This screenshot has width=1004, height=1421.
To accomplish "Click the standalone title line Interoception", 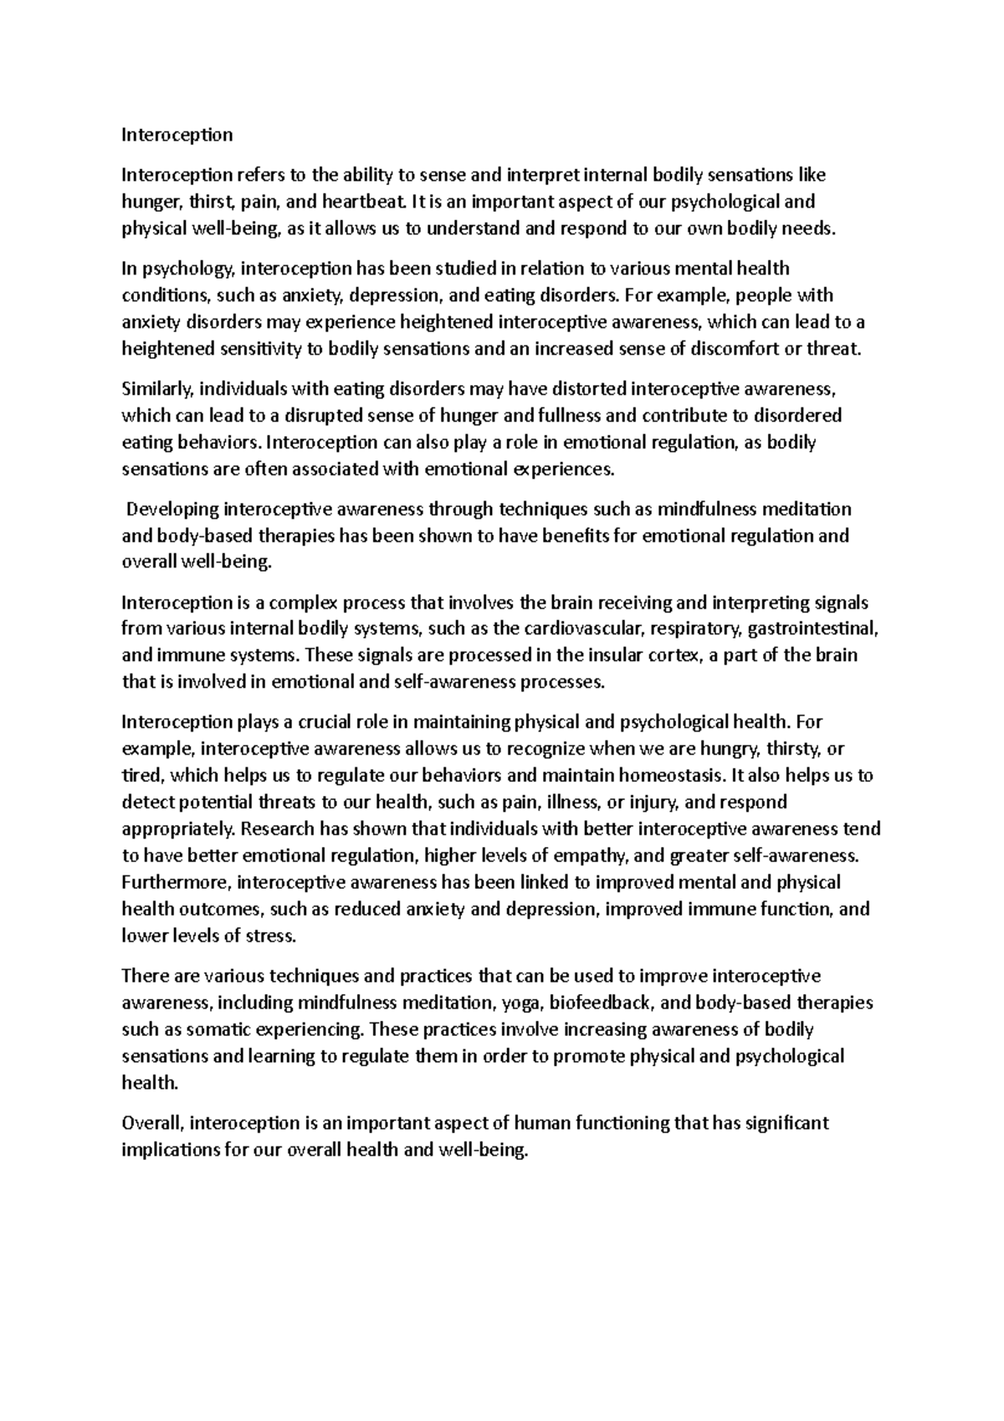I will [177, 135].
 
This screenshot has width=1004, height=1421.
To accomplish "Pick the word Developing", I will [173, 510].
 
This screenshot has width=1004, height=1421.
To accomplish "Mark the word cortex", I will [670, 655].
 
